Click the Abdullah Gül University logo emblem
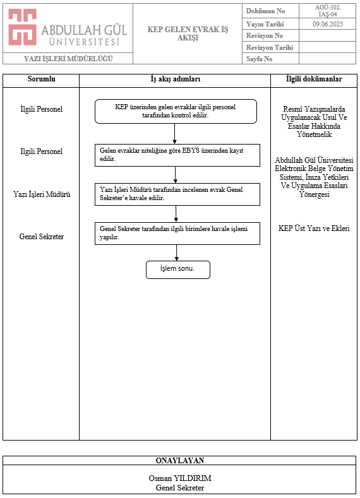click(22, 27)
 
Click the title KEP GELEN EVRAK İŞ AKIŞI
click(188, 33)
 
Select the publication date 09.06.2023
click(328, 24)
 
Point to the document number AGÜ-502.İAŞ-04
click(328, 11)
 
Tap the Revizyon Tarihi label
click(270, 47)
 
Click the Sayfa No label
click(259, 59)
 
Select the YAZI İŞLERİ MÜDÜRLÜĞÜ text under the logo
click(68, 59)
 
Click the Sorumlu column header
click(41, 79)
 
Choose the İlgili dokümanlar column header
click(314, 79)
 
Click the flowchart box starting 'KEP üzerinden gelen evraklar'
click(176, 112)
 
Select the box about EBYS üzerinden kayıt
click(177, 155)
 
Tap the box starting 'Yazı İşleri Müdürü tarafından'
click(177, 194)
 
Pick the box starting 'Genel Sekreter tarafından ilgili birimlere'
click(177, 234)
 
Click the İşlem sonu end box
click(178, 270)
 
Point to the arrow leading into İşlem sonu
click(177, 253)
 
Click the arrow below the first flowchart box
click(174, 134)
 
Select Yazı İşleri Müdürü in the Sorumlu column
click(42, 194)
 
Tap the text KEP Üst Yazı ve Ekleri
click(314, 228)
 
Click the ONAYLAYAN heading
click(180, 461)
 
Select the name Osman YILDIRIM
click(180, 478)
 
